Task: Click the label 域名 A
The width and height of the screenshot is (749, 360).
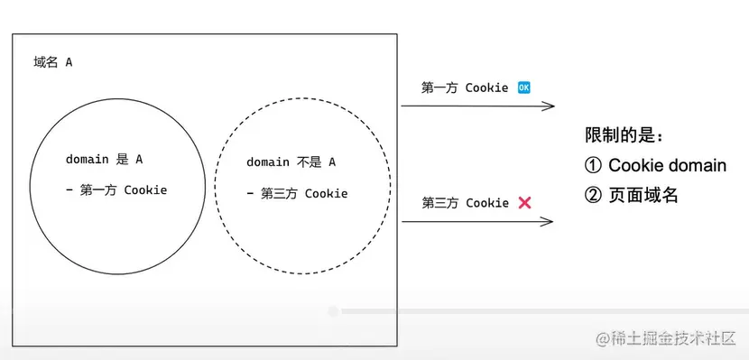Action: [51, 63]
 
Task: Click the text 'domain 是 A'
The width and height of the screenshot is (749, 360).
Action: [104, 160]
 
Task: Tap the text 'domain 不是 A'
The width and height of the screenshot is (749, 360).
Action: [291, 162]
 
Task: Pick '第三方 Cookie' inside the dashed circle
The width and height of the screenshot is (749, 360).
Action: [304, 193]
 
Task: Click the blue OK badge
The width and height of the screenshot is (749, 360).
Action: [524, 88]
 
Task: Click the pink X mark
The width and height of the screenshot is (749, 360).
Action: [524, 203]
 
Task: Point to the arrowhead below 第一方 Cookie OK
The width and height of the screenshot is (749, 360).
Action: [549, 106]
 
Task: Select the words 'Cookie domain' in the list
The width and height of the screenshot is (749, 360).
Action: [667, 165]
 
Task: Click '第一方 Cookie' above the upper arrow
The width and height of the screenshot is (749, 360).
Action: [465, 88]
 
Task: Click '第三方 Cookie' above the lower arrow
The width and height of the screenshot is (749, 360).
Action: [465, 203]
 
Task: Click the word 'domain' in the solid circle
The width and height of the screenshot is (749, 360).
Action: [87, 160]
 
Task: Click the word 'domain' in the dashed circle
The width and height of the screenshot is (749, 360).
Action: [268, 162]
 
